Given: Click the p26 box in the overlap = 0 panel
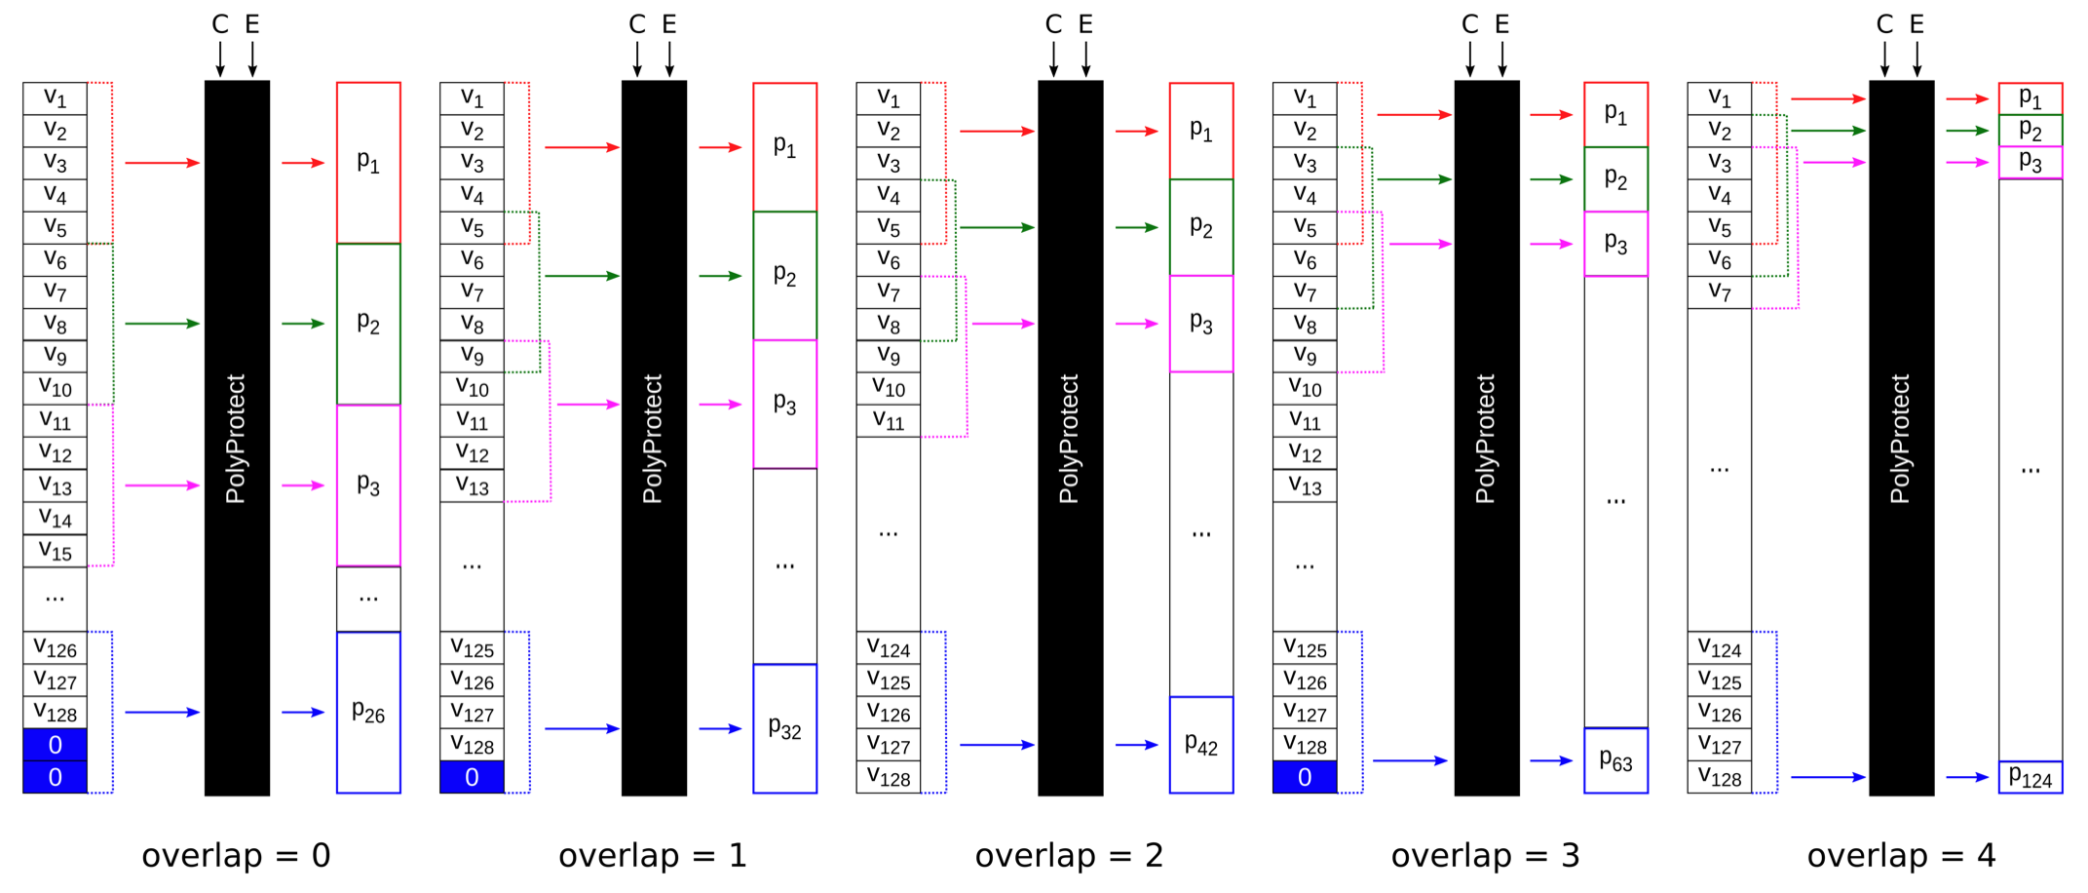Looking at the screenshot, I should tap(368, 713).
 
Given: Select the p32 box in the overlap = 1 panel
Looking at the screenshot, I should tap(784, 728).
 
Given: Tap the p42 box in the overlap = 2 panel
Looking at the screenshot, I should tap(1200, 745).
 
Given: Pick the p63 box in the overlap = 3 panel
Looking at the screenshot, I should tap(1615, 760).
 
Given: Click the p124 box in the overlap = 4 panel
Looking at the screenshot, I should tap(2031, 777).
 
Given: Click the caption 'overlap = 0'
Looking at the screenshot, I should tap(236, 855).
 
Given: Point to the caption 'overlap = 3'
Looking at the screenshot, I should tap(1485, 855).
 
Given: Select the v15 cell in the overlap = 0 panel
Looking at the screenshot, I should tap(55, 551).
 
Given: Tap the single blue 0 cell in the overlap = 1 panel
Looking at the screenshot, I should tap(472, 777).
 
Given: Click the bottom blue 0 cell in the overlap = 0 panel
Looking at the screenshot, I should tap(55, 777).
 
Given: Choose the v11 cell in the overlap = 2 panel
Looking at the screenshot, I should tap(888, 421).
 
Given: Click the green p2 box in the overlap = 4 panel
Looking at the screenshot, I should tap(2031, 131).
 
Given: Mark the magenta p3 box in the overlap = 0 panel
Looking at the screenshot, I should tap(368, 485).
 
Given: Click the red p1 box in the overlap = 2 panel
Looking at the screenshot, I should tap(1200, 131).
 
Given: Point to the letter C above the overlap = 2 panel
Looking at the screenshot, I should tap(1053, 25).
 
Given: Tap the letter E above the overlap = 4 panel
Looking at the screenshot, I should tap(1917, 25).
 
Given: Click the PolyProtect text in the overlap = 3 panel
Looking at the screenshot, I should tap(1485, 439).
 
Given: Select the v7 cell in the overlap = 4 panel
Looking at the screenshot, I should tap(1720, 291).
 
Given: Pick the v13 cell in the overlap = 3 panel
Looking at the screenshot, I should tap(1305, 485).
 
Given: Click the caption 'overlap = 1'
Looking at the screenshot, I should tap(652, 855).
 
